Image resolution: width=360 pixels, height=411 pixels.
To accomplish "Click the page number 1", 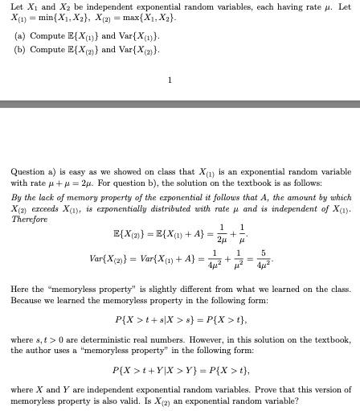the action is pyautogui.click(x=170, y=80).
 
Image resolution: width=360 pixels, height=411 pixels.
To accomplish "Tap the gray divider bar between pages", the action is pyautogui.click(x=180, y=105).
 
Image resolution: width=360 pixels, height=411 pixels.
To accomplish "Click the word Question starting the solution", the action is pyautogui.click(x=27, y=172).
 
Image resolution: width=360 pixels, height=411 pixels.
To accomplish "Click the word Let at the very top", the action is pyautogui.click(x=16, y=7).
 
